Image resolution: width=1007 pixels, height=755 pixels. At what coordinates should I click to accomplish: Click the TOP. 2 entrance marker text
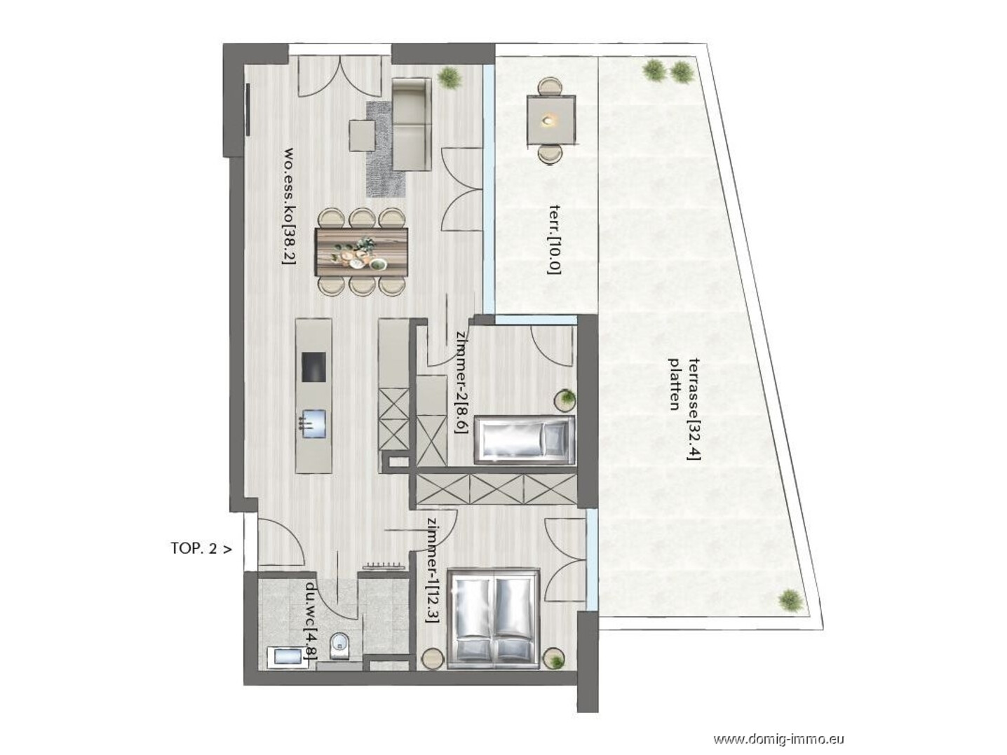click(x=201, y=549)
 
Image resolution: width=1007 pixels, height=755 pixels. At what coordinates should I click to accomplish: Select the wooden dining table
click(x=362, y=251)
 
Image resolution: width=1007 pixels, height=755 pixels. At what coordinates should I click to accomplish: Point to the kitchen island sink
click(x=313, y=423)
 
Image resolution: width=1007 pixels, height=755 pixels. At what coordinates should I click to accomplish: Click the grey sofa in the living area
click(x=412, y=124)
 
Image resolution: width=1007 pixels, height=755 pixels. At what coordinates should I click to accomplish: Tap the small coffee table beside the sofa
click(x=362, y=135)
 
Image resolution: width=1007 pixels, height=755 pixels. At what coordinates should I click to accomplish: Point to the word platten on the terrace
click(x=674, y=384)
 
